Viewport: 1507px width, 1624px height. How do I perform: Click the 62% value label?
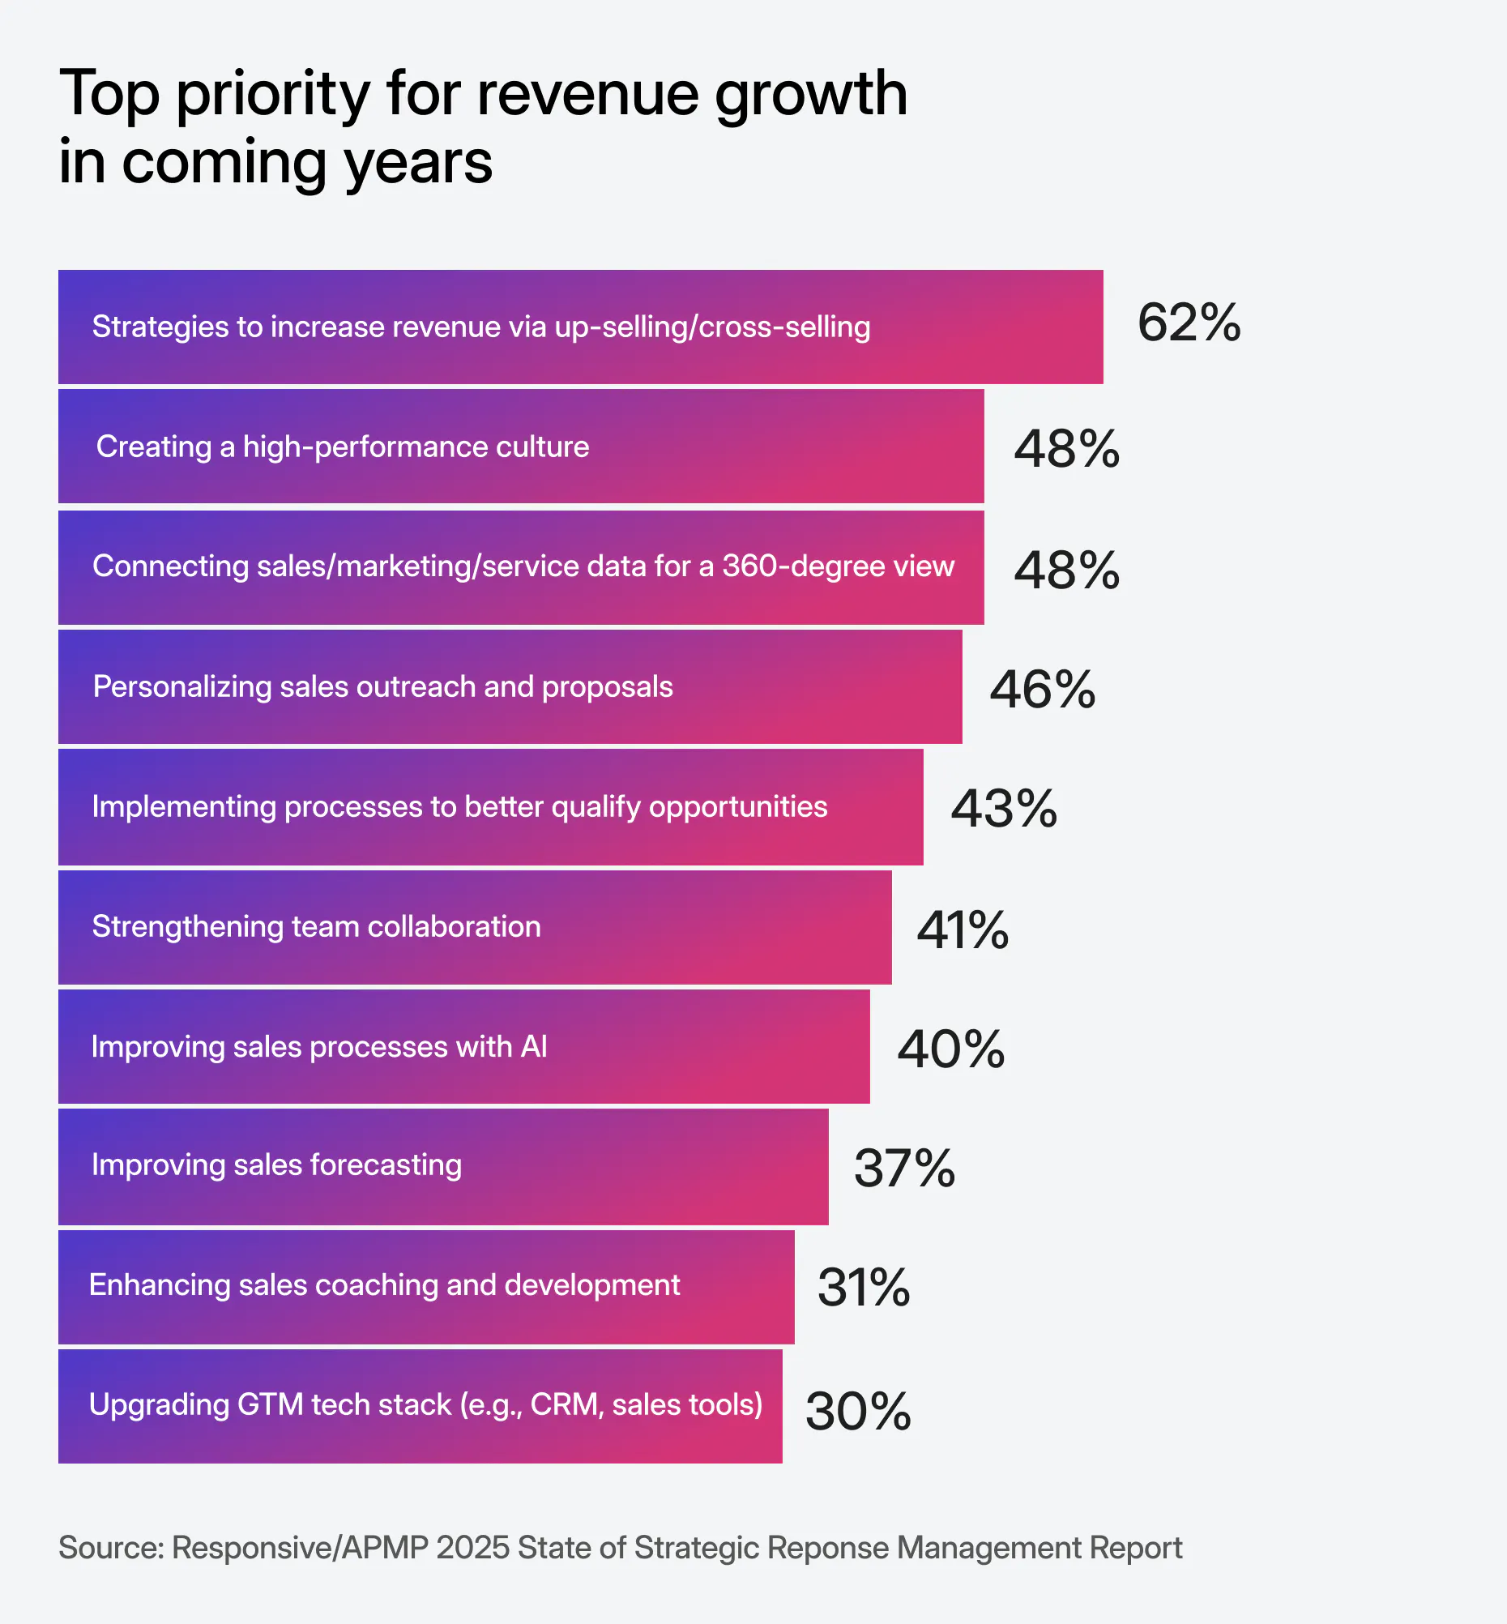coord(1188,323)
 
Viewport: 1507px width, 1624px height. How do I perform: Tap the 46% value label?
coord(1041,690)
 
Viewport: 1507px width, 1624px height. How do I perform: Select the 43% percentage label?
coord(1003,809)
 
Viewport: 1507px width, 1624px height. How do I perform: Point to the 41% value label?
coord(963,930)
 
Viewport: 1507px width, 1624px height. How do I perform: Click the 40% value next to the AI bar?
coord(950,1049)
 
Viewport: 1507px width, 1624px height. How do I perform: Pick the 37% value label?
coord(903,1169)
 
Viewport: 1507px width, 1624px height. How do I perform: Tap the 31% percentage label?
coord(863,1289)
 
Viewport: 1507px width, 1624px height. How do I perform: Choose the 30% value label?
coord(857,1412)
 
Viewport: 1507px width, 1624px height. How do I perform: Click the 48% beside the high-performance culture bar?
coord(1065,450)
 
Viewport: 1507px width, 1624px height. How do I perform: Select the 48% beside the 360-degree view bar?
coord(1065,571)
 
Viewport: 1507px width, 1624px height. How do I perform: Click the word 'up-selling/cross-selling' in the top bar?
coord(712,327)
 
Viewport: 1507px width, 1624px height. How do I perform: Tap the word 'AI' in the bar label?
coord(534,1046)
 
